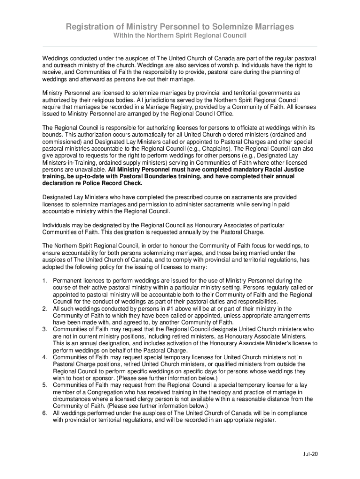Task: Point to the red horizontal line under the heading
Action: point(180,47)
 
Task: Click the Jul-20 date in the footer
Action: point(309,454)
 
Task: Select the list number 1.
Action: point(44,281)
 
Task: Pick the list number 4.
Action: point(44,357)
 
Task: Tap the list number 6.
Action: point(44,413)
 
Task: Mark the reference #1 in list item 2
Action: point(149,309)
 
